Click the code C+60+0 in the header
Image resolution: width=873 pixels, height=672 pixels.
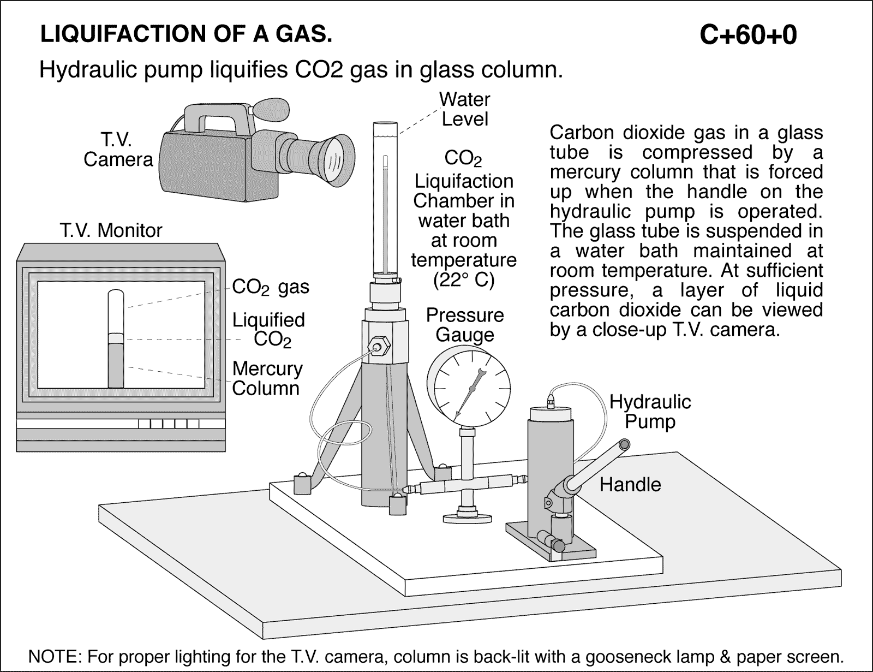[x=748, y=35]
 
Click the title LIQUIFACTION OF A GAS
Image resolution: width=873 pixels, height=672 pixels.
[x=186, y=34]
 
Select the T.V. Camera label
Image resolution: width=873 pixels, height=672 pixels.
[x=118, y=150]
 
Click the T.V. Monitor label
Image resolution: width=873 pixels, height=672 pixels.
[x=111, y=230]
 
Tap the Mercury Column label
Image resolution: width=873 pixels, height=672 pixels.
[x=267, y=378]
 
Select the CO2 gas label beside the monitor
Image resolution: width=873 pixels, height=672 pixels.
[x=271, y=287]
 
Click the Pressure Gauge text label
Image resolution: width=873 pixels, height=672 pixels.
[x=465, y=325]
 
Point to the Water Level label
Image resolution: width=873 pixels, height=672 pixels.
[x=465, y=109]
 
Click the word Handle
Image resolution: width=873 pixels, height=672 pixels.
[x=630, y=484]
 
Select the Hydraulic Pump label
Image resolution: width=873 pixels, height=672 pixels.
[x=650, y=412]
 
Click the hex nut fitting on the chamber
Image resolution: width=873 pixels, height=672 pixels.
[x=376, y=347]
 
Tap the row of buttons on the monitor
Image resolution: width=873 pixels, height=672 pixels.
[x=169, y=424]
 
